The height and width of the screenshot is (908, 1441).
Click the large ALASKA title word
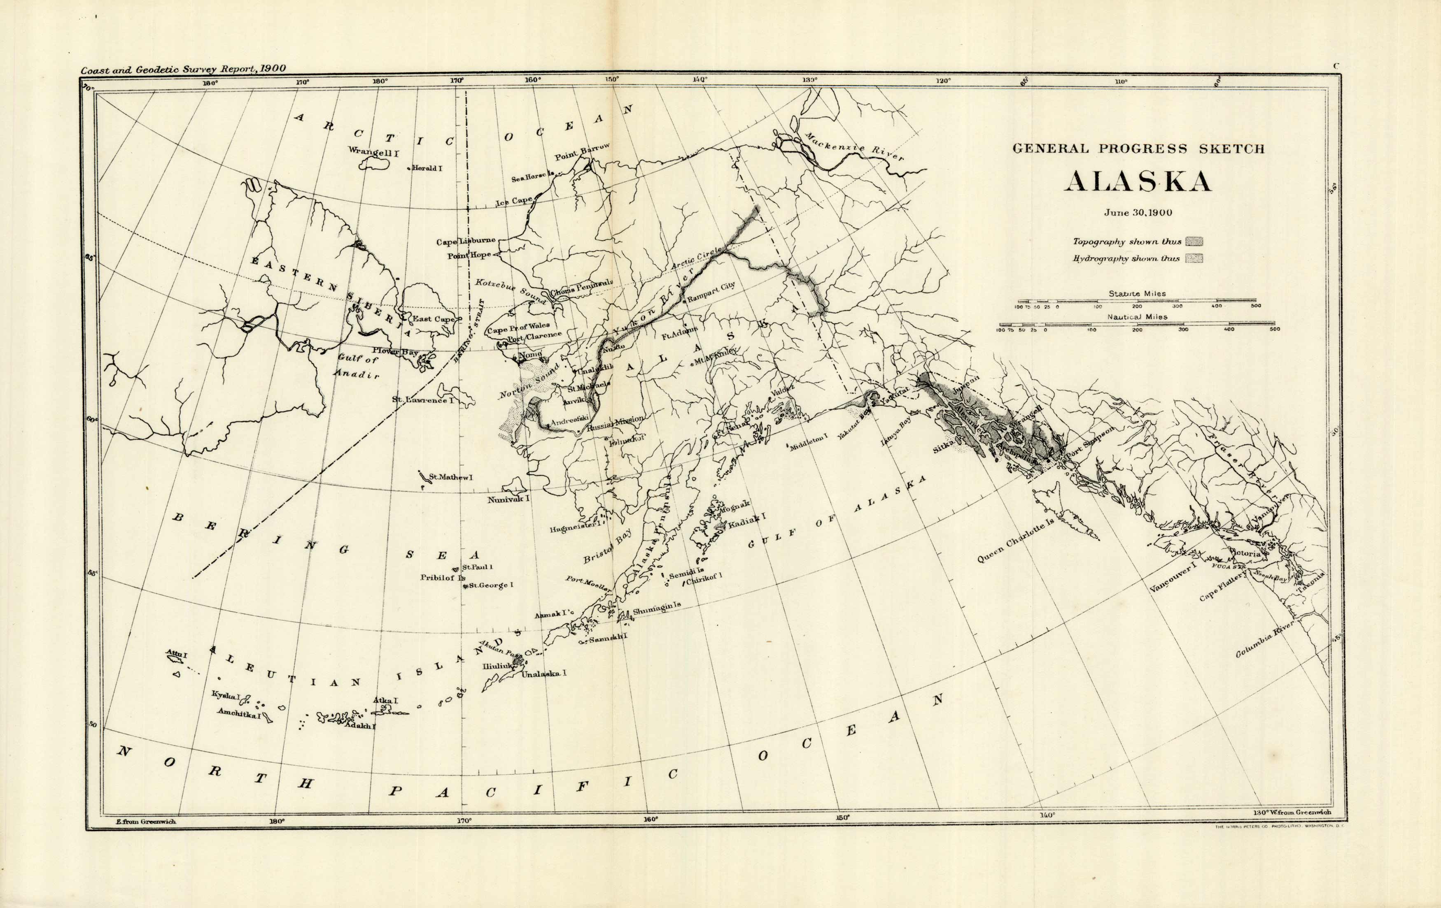coord(1138,182)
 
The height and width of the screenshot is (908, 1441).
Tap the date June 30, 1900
coord(1138,212)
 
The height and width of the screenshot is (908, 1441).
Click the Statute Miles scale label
coord(1137,294)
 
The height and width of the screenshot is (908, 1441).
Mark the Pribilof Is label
coord(442,578)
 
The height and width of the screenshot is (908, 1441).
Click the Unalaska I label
coord(544,673)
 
